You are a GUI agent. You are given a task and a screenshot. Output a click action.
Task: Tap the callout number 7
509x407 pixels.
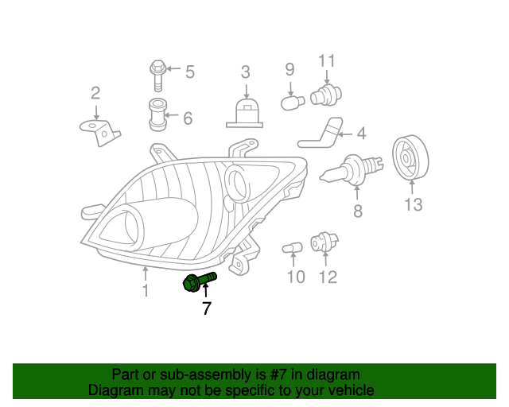click(206, 308)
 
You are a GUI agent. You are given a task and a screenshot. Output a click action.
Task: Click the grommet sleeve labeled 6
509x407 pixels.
click(158, 115)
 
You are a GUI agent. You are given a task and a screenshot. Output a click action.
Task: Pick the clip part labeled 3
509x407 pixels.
click(245, 113)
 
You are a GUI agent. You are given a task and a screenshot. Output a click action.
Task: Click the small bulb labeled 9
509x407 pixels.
click(291, 102)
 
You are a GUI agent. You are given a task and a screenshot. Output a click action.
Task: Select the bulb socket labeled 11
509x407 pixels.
click(323, 96)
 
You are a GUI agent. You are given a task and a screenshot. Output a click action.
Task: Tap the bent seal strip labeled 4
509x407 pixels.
click(323, 134)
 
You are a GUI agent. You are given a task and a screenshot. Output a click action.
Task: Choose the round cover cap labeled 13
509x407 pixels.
click(410, 158)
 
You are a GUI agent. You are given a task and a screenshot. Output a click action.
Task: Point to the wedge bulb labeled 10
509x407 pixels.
click(293, 250)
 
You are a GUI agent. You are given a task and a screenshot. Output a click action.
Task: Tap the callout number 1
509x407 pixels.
click(145, 292)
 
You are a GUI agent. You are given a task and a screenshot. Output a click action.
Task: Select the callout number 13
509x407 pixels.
click(412, 205)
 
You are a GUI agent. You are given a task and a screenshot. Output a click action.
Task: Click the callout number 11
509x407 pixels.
click(327, 60)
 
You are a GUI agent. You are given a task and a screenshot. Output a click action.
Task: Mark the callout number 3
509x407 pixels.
click(246, 72)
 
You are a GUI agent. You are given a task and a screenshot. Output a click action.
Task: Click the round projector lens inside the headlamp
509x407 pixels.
click(237, 180)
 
